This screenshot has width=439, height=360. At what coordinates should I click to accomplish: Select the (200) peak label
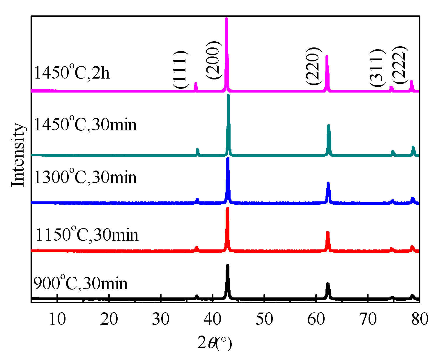214,60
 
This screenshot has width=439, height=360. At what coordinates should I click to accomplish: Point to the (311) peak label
378,68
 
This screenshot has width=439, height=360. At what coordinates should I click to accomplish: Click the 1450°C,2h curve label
72,72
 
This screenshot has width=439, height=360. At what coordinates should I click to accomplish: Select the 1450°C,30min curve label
85,124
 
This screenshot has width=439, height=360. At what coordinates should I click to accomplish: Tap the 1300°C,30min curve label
85,177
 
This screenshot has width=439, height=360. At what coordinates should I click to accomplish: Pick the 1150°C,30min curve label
86,234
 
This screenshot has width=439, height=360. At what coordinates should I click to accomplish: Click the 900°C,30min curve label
80,283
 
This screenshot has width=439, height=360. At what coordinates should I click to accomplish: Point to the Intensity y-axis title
18,155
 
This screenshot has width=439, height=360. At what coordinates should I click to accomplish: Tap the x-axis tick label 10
57,319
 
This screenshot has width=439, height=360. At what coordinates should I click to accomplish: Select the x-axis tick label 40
213,319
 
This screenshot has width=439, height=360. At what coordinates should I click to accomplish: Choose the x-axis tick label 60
316,319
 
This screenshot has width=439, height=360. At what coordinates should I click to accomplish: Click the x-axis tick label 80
419,319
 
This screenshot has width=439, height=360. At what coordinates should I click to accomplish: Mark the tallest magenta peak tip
226,19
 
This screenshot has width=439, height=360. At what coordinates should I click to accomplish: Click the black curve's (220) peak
328,284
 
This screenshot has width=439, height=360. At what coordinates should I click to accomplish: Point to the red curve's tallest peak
227,208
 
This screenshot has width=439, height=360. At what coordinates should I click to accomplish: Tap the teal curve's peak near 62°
329,126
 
